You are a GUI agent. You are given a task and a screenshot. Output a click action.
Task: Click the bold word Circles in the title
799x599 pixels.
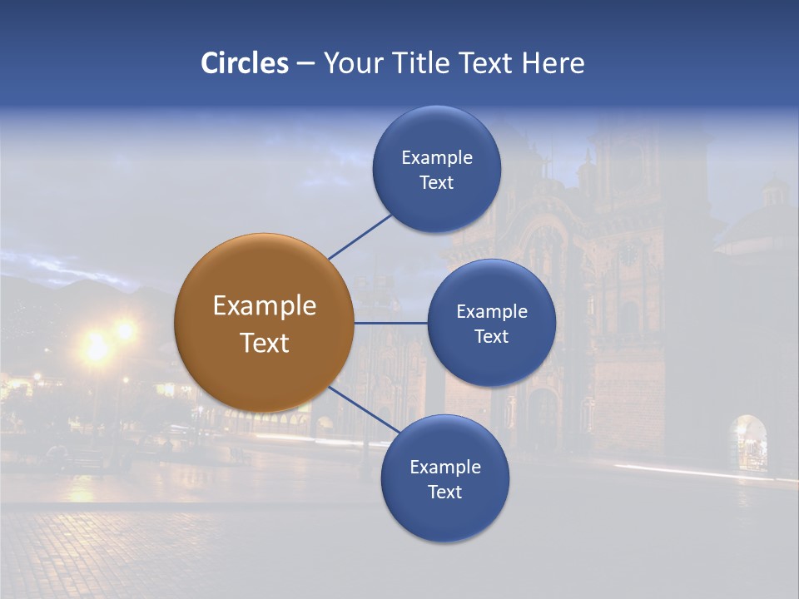245,63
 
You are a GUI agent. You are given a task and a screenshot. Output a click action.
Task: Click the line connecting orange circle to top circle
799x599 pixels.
360,236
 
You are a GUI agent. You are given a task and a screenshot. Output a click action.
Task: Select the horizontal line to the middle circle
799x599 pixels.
390,323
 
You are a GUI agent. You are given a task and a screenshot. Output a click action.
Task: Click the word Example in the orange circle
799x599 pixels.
265,306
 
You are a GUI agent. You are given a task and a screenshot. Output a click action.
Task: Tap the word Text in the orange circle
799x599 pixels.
265,343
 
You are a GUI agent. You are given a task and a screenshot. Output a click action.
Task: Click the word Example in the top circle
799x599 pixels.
437,157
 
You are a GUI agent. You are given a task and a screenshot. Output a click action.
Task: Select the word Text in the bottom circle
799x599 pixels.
444,492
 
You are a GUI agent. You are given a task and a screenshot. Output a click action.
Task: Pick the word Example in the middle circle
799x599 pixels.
492,311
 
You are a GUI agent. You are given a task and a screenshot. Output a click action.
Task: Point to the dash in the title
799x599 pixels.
305,63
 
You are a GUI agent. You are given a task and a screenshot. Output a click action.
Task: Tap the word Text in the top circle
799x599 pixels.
437,182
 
